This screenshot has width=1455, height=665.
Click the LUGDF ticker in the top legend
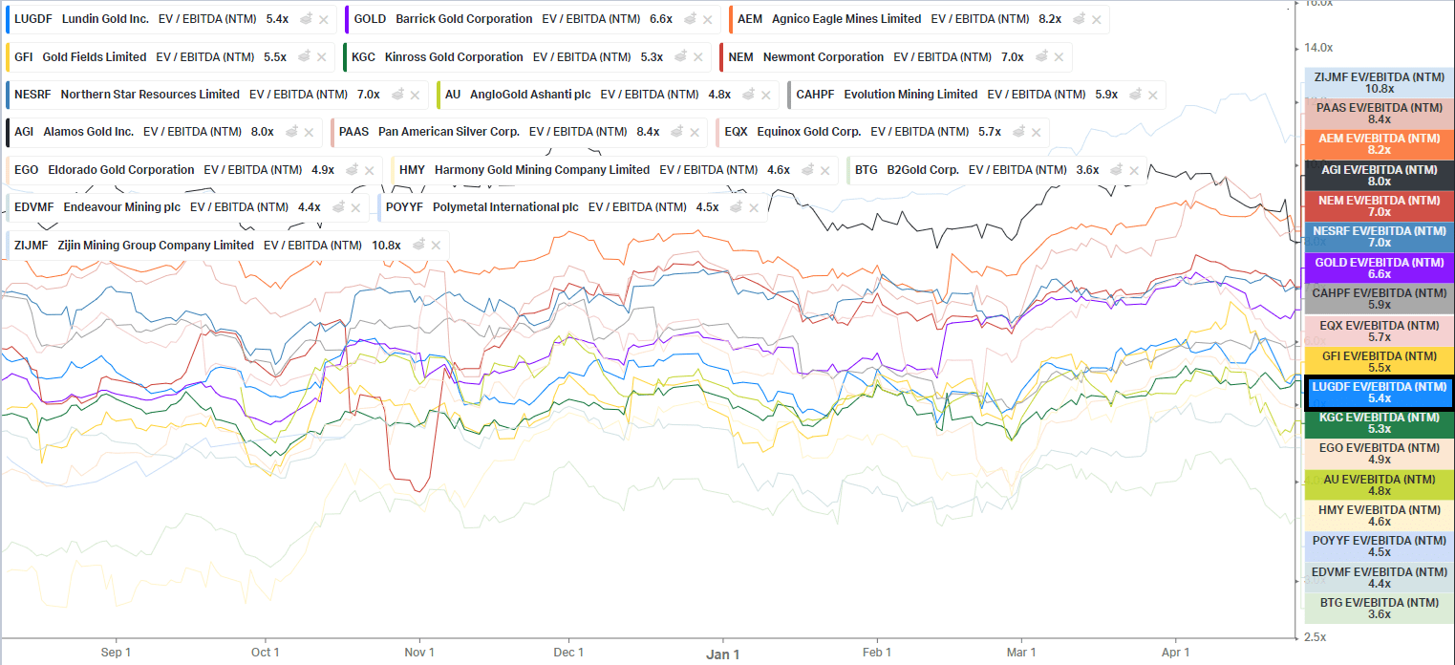[x=33, y=19]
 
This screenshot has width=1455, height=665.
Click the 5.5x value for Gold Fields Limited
[x=275, y=57]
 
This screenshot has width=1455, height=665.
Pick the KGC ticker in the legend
[x=363, y=57]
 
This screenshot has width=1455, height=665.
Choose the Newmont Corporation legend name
[x=823, y=57]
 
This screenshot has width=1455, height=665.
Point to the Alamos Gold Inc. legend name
[x=88, y=132]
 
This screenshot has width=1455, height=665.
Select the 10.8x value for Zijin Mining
[x=386, y=246]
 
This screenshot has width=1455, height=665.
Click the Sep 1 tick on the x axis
[x=115, y=653]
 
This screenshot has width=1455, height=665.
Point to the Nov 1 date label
[x=418, y=653]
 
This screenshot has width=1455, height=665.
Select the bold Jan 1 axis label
[x=722, y=654]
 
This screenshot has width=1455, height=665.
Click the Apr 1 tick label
[x=1175, y=653]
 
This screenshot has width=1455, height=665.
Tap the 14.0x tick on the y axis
[x=1318, y=48]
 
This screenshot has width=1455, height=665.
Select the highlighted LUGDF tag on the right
[x=1379, y=393]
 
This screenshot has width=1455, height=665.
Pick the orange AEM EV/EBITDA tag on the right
[x=1379, y=144]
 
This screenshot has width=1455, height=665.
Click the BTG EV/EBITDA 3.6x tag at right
[x=1379, y=608]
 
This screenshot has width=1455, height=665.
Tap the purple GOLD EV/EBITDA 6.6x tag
[x=1379, y=268]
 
